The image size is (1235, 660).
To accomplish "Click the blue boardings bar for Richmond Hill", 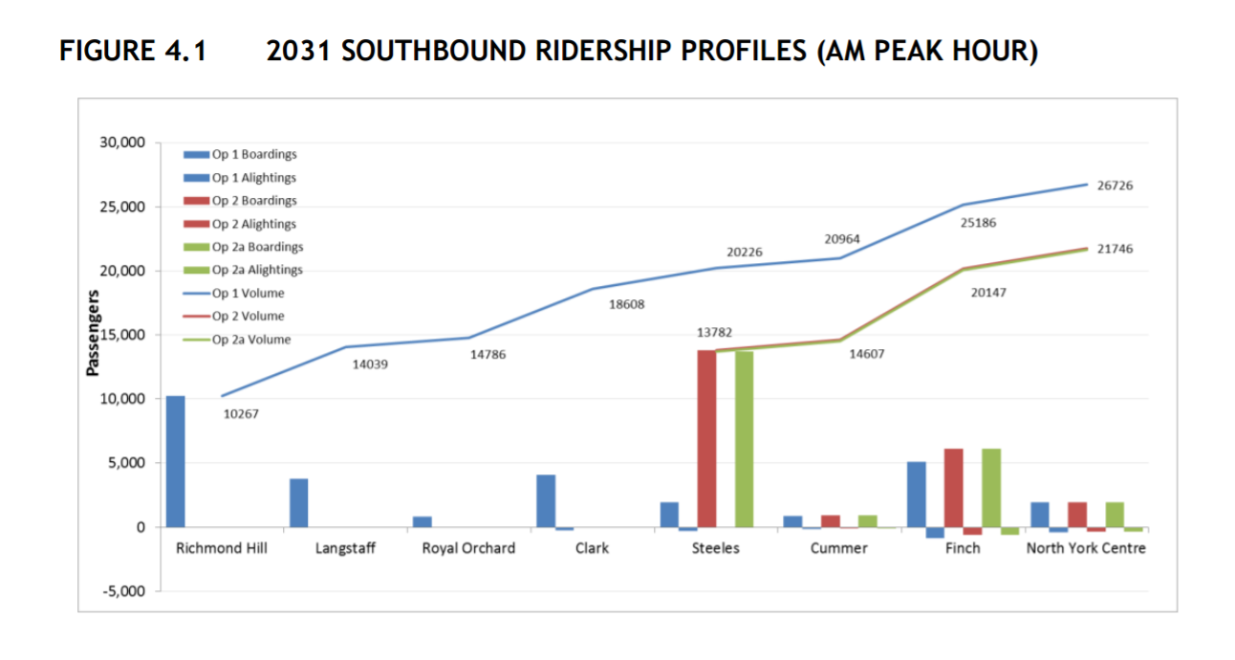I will point(176,461).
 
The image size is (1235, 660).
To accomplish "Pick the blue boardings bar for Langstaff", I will point(299,502).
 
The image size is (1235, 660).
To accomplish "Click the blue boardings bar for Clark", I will point(546,500).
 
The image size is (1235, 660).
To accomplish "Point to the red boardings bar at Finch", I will point(954,488).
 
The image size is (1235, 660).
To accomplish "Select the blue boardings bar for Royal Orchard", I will point(422,521).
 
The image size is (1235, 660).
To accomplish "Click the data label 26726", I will point(1114,186).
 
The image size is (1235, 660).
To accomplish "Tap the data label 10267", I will point(241,414).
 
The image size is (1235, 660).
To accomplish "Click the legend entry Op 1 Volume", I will point(248,293).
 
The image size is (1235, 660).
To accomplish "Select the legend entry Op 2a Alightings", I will point(257,270).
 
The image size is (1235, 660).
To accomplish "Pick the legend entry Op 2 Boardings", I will point(253,201).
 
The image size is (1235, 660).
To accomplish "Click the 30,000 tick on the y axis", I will point(121,143).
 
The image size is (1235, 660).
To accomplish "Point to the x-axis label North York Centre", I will point(1086,548).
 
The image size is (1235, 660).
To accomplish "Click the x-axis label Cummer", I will point(839,548).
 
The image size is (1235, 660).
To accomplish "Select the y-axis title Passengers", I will point(94,334).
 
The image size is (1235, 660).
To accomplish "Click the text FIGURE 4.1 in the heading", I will point(133,51).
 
